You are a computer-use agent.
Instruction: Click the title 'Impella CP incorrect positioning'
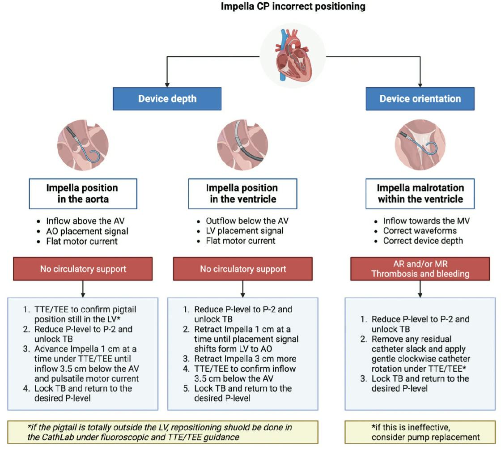coord(293,7)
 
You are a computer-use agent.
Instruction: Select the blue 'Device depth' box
coord(167,98)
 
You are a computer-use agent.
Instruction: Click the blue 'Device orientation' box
coord(420,98)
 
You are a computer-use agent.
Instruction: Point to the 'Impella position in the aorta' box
coord(82,193)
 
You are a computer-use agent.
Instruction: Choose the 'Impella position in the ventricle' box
coord(242,193)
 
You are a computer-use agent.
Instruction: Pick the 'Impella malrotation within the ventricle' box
coord(420,193)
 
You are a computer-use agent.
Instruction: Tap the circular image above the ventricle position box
coord(242,146)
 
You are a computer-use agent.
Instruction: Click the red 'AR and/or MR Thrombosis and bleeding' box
coord(420,269)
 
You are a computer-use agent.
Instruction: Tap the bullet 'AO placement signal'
coord(87,231)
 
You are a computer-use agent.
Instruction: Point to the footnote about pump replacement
coord(420,432)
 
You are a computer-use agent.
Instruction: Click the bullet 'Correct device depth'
coord(423,241)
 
